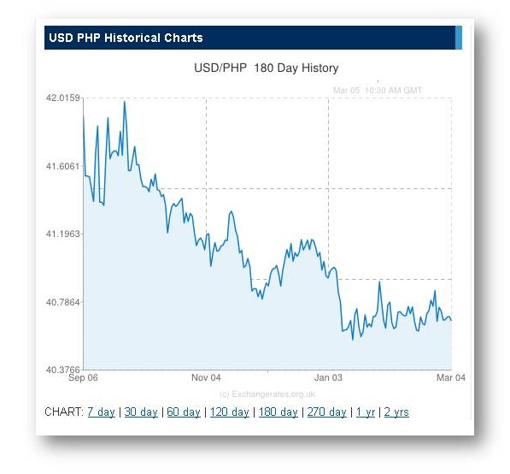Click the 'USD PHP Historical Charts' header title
pos(126,39)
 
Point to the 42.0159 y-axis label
pos(62,98)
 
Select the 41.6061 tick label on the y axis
pos(62,166)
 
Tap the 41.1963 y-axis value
pos(62,234)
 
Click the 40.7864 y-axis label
pos(62,302)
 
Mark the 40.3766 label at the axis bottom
pos(62,370)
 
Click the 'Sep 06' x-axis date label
pos(84,377)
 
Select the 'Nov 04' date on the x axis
pos(206,377)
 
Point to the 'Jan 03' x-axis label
pos(329,377)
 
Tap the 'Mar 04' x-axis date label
pos(450,377)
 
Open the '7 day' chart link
pos(101,412)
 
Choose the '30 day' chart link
pos(141,412)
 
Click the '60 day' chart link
pos(184,412)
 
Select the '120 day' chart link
pos(229,412)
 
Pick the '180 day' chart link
pos(278,412)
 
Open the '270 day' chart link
pos(326,412)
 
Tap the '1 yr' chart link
pos(365,412)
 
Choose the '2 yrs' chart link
pos(396,412)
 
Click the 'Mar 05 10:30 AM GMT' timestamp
pos(377,89)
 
